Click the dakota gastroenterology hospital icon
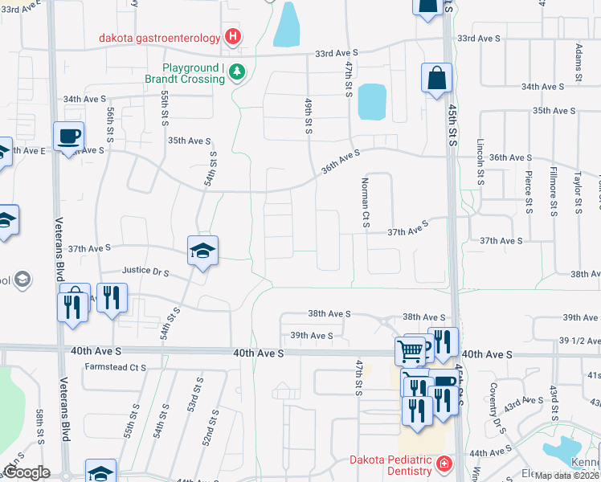pyautogui.click(x=233, y=36)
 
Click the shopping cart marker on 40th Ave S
pyautogui.click(x=410, y=350)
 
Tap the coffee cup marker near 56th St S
pyautogui.click(x=69, y=136)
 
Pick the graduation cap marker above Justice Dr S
pyautogui.click(x=202, y=251)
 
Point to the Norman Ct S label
pyautogui.click(x=365, y=202)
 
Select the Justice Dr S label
pyautogui.click(x=145, y=272)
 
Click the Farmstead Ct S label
pyautogui.click(x=116, y=367)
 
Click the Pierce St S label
pyautogui.click(x=528, y=188)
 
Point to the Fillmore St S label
pyautogui.click(x=554, y=191)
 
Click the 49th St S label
pyautogui.click(x=308, y=116)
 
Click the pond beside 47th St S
pyautogui.click(x=371, y=102)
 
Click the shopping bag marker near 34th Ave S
pyautogui.click(x=436, y=79)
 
